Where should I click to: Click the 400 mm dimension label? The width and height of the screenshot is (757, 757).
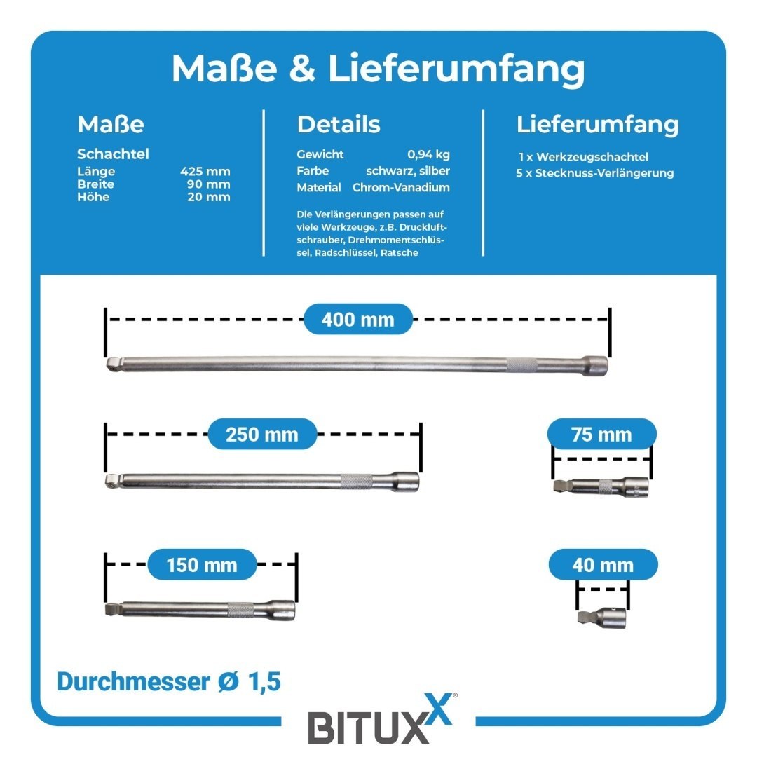tap(357, 319)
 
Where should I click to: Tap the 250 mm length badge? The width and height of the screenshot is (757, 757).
tap(262, 434)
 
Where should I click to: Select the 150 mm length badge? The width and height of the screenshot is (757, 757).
tap(202, 564)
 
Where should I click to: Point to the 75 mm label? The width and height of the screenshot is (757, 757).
tap(601, 434)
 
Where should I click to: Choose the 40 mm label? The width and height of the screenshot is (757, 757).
tap(603, 564)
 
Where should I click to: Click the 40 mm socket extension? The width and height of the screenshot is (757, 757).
tap(602, 618)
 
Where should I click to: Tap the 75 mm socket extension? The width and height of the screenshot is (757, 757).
tap(601, 486)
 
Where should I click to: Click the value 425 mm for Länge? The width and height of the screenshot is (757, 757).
tap(205, 172)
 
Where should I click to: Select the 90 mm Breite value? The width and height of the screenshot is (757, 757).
tap(209, 184)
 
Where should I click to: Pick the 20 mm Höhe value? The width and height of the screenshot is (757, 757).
tap(209, 197)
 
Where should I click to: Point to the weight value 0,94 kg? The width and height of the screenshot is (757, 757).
tap(428, 154)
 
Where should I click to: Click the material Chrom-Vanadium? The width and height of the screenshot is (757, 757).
tap(401, 187)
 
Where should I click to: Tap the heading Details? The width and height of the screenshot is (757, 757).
tap(339, 124)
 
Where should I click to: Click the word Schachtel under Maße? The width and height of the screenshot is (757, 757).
tap(113, 154)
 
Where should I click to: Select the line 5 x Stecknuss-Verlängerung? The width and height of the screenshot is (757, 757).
tap(595, 173)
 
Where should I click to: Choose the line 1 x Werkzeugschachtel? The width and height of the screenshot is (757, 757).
tap(583, 157)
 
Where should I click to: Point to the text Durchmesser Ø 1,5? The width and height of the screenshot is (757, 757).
tap(169, 681)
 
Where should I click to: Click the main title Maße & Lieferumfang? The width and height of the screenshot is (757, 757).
tap(378, 69)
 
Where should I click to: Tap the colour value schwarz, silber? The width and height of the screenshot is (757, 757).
tap(408, 172)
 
